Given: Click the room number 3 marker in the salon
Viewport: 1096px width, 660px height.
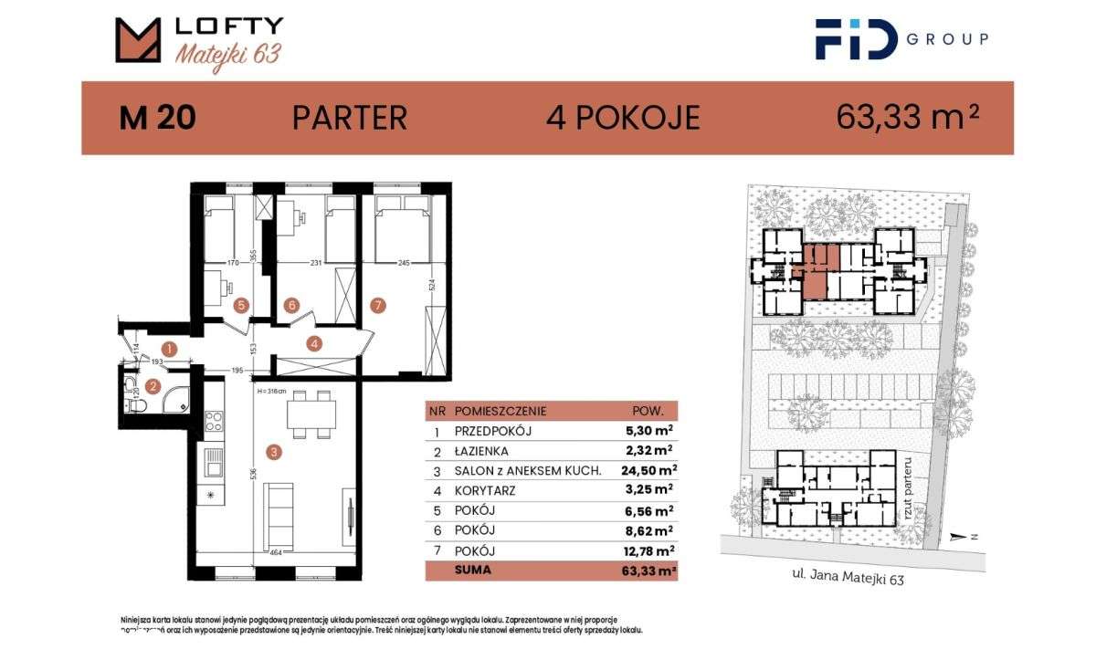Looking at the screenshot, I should pyautogui.click(x=271, y=450).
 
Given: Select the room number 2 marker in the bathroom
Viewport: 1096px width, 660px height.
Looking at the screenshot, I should pyautogui.click(x=153, y=386).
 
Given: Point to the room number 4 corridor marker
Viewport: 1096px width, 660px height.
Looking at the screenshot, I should pyautogui.click(x=314, y=344).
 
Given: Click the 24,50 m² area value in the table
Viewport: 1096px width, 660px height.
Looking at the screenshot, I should pyautogui.click(x=648, y=470).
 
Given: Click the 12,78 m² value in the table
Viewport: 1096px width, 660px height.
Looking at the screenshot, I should pyautogui.click(x=648, y=550).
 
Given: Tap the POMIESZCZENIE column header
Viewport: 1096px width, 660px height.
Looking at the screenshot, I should pyautogui.click(x=500, y=412).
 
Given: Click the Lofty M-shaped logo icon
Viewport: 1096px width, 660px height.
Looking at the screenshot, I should pyautogui.click(x=138, y=40).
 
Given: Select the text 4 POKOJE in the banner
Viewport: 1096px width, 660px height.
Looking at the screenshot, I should pyautogui.click(x=623, y=118).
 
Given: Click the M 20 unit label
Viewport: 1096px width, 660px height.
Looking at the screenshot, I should pyautogui.click(x=157, y=119).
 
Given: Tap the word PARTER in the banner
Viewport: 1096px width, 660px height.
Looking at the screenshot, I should pyautogui.click(x=349, y=118).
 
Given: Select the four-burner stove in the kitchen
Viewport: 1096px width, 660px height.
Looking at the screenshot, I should pyautogui.click(x=213, y=422).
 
